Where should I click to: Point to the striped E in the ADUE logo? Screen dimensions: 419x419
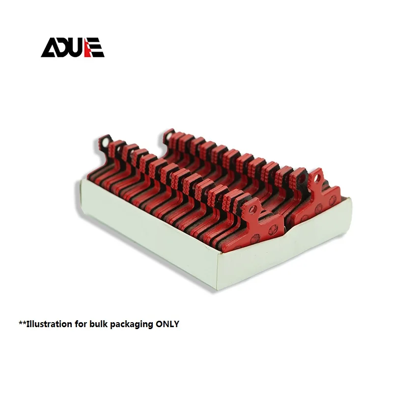[97, 48]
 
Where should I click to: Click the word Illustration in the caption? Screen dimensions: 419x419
[49, 324]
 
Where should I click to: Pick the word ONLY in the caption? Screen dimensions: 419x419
[168, 324]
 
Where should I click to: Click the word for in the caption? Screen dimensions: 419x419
[81, 324]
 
